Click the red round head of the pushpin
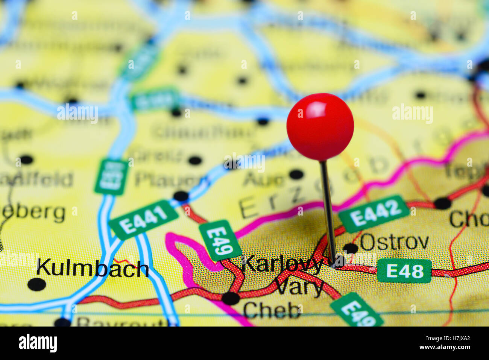click(x=320, y=126)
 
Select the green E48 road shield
click(x=404, y=271)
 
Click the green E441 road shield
click(x=143, y=220)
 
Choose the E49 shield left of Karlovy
click(x=220, y=240)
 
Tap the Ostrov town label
click(x=394, y=242)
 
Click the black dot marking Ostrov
click(x=351, y=248)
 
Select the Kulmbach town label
click(x=93, y=269)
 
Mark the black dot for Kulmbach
click(x=36, y=284)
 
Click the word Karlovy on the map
click(x=282, y=264)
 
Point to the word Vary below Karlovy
click(x=299, y=288)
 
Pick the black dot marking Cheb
click(x=231, y=298)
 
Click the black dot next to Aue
click(x=296, y=174)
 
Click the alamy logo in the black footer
click(x=38, y=343)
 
